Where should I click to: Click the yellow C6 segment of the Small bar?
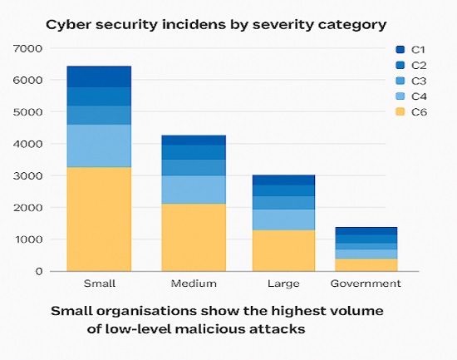(99, 219)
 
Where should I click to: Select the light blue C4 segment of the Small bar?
(99, 145)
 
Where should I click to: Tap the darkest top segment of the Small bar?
(99, 76)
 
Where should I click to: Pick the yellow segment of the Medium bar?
(192, 237)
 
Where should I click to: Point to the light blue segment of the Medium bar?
(192, 190)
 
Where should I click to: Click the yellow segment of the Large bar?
(283, 250)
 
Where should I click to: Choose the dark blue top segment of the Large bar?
(283, 180)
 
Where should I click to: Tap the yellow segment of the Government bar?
(366, 264)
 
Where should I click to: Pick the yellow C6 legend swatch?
(400, 113)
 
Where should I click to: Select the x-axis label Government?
(366, 284)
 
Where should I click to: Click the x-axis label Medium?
(192, 284)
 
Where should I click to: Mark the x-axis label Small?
(99, 284)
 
